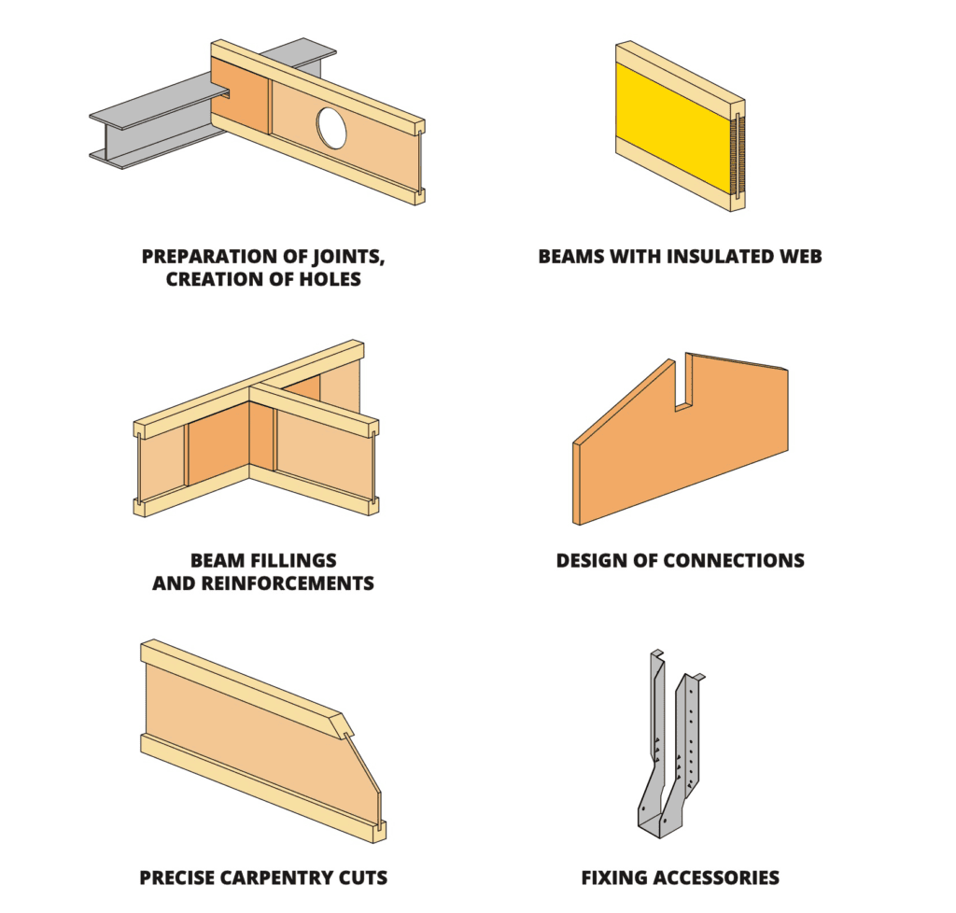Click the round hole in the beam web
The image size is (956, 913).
point(331,127)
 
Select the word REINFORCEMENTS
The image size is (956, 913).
point(288,583)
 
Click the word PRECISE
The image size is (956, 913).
point(177,878)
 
